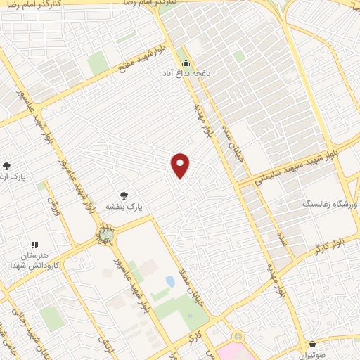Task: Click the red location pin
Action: point(181,165)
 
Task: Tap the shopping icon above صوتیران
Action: point(313,345)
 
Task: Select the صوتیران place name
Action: point(313,356)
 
